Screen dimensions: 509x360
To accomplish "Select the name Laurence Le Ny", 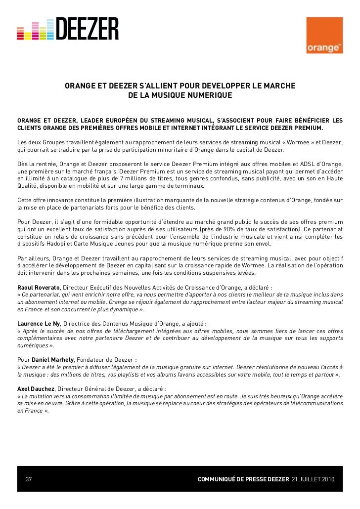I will tap(39, 324).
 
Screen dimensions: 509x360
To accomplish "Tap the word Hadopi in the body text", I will tap(58, 244).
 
